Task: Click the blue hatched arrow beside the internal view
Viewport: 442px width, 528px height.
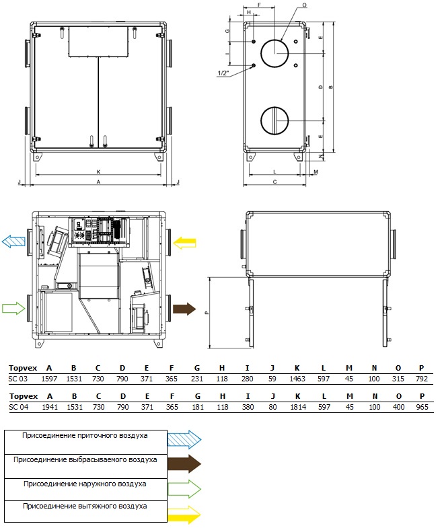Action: [x=13, y=241]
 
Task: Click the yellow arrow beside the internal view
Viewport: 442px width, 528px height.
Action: [x=184, y=243]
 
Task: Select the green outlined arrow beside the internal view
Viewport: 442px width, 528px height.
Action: [x=13, y=308]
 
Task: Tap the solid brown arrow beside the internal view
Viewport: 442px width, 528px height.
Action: [x=184, y=309]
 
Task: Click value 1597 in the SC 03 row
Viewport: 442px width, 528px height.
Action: [x=49, y=379]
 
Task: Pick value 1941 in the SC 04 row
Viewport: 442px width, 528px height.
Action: [x=50, y=407]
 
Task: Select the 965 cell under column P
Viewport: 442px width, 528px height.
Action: [x=422, y=407]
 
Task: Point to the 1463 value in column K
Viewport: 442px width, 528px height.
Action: [x=297, y=379]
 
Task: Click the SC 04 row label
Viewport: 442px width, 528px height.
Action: [x=19, y=407]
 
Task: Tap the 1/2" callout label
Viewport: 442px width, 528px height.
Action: [x=223, y=73]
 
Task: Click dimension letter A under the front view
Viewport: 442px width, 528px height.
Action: [x=98, y=182]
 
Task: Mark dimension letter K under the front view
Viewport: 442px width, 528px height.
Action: [x=98, y=172]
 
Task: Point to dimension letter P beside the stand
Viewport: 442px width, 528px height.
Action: [x=207, y=313]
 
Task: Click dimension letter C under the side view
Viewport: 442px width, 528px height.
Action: [x=274, y=182]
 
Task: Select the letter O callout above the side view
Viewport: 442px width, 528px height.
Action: [x=305, y=5]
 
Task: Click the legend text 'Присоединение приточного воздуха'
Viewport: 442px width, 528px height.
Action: [x=85, y=435]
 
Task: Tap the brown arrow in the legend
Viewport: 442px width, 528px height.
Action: [x=184, y=463]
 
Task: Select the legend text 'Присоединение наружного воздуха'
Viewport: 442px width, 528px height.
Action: [x=85, y=484]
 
